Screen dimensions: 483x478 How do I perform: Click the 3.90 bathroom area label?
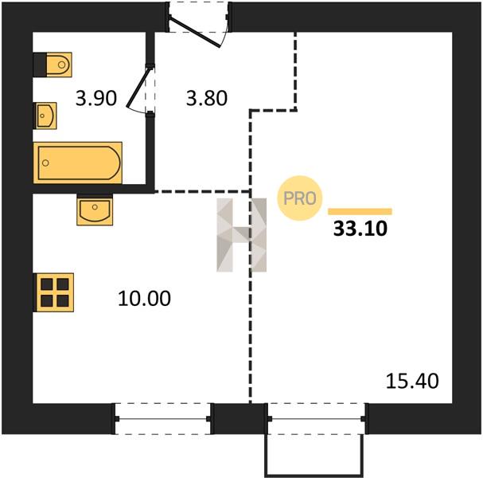point(96,98)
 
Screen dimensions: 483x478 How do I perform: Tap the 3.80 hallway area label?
point(207,98)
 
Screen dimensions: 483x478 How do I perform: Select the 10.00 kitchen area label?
point(144,298)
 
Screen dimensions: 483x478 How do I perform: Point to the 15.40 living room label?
point(412,381)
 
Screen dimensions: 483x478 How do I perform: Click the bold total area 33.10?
point(360,229)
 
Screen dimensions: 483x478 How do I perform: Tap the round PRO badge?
point(300,198)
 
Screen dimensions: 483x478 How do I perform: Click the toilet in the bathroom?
point(53,65)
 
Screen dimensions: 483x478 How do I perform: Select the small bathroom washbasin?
point(45,116)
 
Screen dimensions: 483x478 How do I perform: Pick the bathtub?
point(78,163)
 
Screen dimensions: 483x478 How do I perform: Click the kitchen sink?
point(95,210)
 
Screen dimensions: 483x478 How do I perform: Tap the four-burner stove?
point(53,292)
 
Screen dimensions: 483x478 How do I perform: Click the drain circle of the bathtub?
point(45,163)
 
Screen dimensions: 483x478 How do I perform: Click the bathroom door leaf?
point(138,88)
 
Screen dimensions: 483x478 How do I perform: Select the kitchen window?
point(163,418)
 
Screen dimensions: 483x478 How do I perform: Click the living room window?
point(317,418)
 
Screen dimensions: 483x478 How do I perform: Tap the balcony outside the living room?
point(314,455)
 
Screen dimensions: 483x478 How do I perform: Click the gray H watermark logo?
point(242,235)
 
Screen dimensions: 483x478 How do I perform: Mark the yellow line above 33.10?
point(360,211)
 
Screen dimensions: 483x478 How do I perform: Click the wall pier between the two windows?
point(240,418)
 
